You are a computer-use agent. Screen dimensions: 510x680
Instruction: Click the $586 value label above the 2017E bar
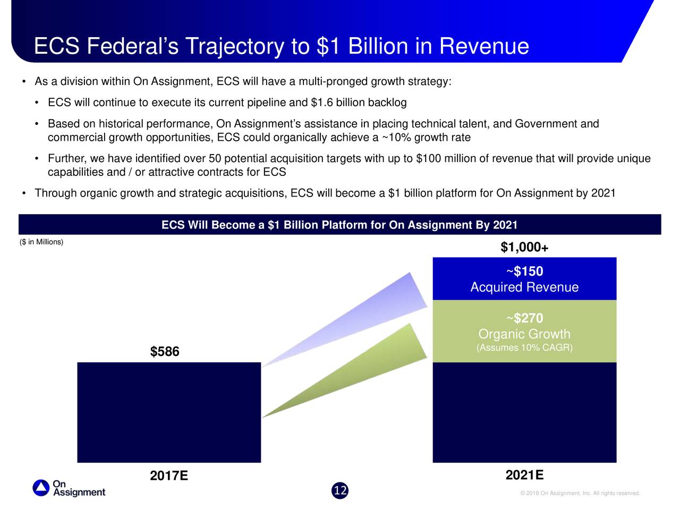click(x=165, y=352)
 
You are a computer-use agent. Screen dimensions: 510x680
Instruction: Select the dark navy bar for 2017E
click(x=169, y=412)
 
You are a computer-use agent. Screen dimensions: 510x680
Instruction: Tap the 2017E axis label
click(x=169, y=475)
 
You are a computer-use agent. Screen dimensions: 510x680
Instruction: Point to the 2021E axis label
click(x=524, y=475)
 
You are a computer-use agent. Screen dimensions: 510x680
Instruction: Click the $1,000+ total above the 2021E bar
click(x=524, y=248)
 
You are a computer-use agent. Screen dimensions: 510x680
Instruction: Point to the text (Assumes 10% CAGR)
click(x=524, y=348)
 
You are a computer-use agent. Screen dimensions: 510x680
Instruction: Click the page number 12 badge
click(x=340, y=490)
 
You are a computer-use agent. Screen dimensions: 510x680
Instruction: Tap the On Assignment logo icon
click(x=41, y=488)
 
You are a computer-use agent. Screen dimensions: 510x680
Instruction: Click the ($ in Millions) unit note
click(x=41, y=242)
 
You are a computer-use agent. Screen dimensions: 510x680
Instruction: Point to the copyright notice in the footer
click(x=580, y=494)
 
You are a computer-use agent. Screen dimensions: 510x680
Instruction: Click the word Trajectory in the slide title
click(x=234, y=46)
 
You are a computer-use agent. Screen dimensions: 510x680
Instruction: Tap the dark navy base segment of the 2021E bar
click(x=524, y=412)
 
